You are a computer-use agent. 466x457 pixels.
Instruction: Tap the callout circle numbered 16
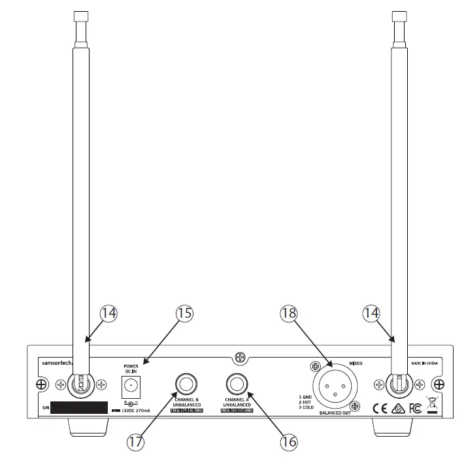(x=288, y=441)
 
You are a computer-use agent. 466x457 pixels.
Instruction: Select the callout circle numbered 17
(x=135, y=441)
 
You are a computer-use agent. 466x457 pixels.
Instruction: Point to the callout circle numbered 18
(x=288, y=313)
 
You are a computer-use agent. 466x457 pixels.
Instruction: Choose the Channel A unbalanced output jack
(x=235, y=382)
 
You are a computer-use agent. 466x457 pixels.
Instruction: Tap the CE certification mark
(x=379, y=409)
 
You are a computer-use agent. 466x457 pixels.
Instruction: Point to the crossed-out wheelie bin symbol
(x=431, y=406)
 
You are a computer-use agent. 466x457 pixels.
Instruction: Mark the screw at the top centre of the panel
(x=241, y=357)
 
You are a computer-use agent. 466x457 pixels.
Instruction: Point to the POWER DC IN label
(x=131, y=368)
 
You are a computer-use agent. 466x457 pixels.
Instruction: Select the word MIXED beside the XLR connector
(x=355, y=363)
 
